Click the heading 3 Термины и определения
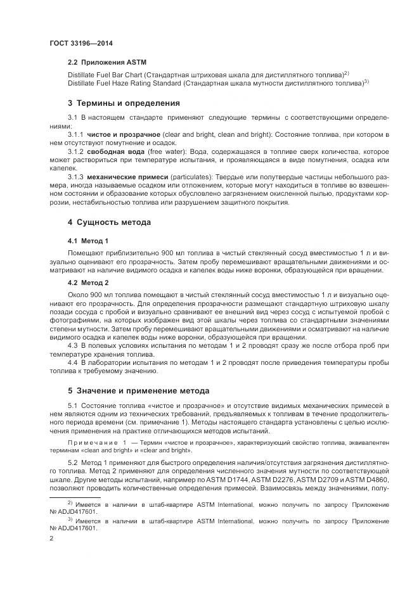pos(124,103)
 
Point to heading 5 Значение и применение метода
pos(138,390)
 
